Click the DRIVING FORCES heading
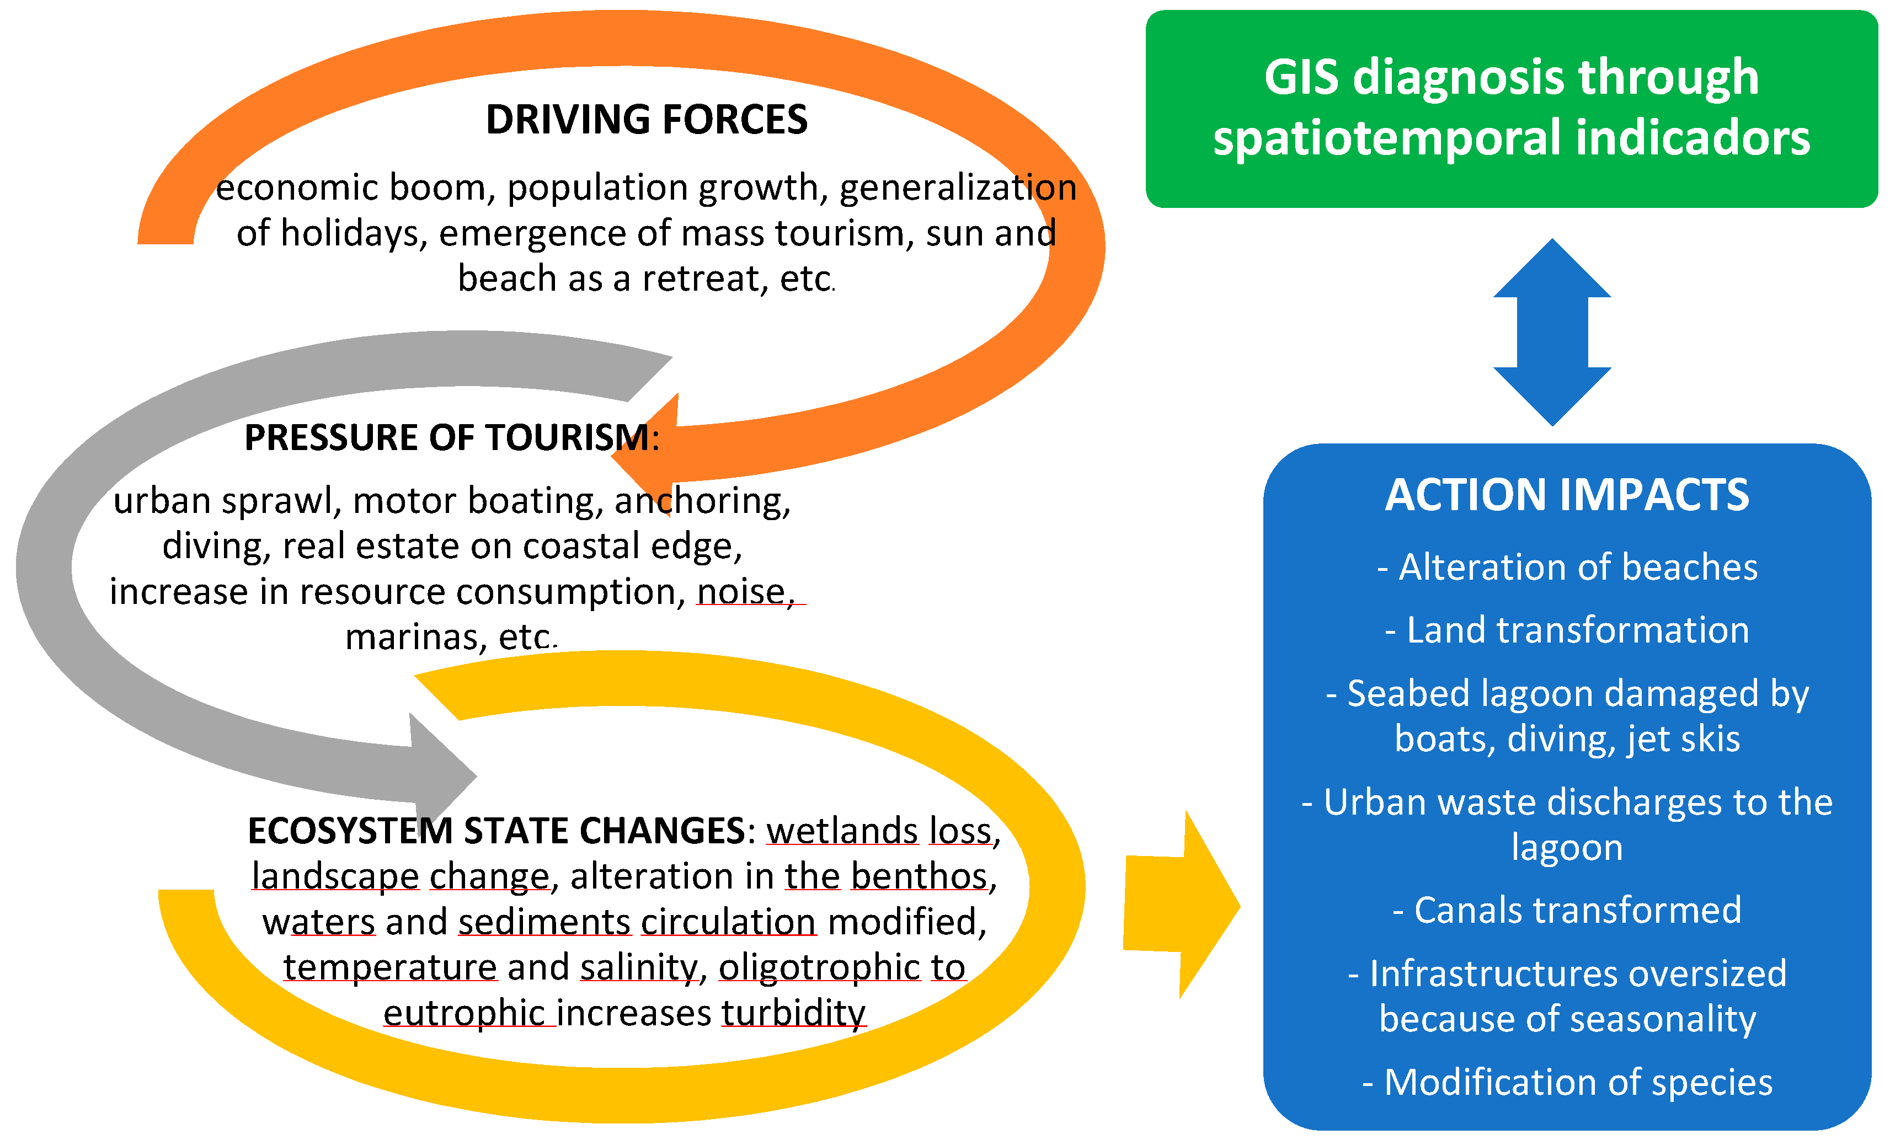(646, 120)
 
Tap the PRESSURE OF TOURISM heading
(450, 438)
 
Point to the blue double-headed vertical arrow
(1552, 332)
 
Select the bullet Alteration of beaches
(1567, 568)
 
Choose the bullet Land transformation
(1567, 630)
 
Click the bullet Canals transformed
(1567, 911)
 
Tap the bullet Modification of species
(1567, 1082)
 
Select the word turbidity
(793, 1013)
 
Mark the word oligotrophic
(819, 967)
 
